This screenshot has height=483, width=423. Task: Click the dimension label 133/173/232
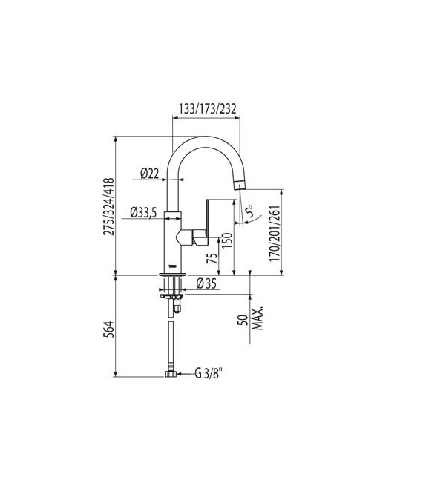coord(206,108)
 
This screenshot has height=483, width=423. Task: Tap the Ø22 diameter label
coord(150,174)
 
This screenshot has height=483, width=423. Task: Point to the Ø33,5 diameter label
coord(142,213)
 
